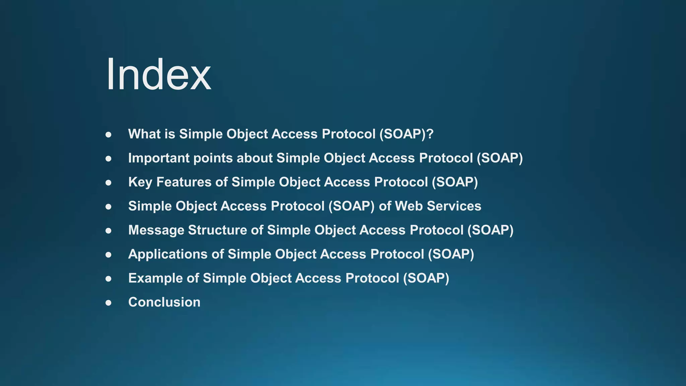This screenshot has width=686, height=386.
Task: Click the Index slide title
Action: click(158, 74)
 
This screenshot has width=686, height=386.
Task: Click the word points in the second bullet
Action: click(213, 158)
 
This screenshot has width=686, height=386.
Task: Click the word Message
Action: click(156, 230)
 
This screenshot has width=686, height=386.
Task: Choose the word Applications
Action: click(168, 254)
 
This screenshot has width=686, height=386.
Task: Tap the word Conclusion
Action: click(164, 302)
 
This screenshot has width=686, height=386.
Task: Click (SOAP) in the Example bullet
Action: click(426, 278)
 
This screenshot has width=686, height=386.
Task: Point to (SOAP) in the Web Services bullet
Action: click(351, 206)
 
